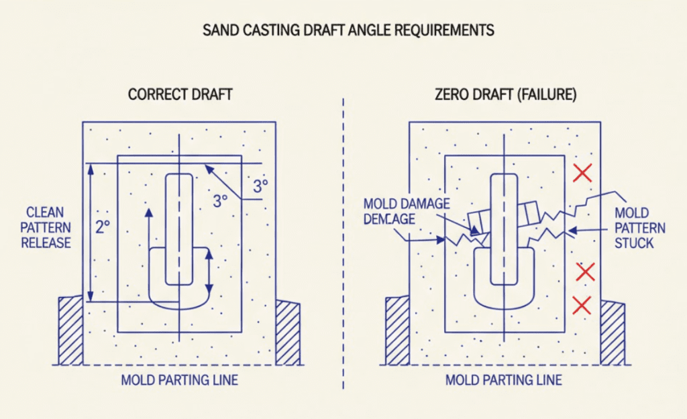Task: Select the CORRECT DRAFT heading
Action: [x=180, y=95]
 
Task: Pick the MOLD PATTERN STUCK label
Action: [x=640, y=228]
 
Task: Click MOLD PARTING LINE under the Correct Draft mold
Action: [x=179, y=380]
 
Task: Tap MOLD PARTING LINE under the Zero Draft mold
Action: [x=504, y=380]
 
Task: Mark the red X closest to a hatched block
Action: [x=582, y=305]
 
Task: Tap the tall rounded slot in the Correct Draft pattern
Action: [x=178, y=228]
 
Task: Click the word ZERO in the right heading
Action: [x=452, y=95]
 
